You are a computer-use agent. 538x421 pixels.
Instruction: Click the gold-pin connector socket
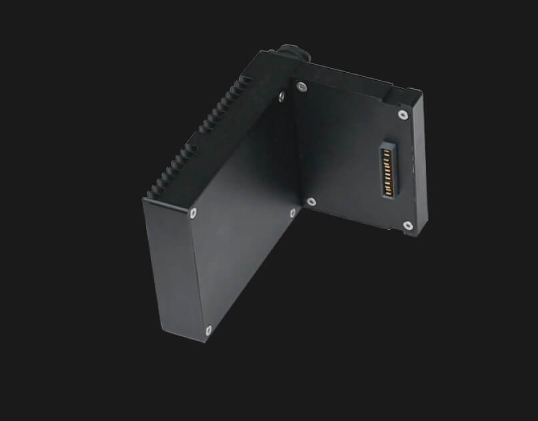[x=386, y=170]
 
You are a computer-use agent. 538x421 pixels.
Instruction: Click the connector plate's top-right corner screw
[x=402, y=114]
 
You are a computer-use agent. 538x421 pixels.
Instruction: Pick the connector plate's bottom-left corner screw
[x=311, y=200]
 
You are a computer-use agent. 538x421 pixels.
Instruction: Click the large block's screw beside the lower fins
[x=193, y=214]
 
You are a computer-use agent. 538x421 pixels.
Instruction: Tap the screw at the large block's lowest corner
[x=209, y=329]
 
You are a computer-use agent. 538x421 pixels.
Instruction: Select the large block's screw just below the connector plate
[x=292, y=213]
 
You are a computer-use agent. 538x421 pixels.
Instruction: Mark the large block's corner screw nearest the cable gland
[x=281, y=98]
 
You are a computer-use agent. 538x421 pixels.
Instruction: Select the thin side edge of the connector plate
[x=419, y=167]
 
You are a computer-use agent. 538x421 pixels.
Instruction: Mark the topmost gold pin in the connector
[x=388, y=150]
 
